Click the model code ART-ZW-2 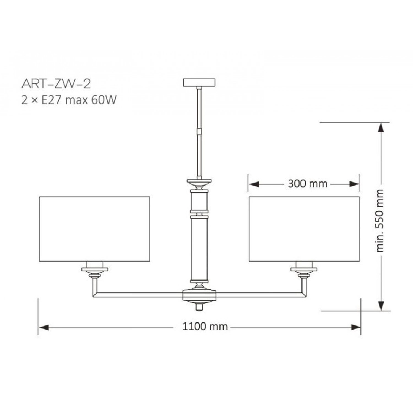click(56, 84)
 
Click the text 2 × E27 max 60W click(69, 100)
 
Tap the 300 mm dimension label click(308, 184)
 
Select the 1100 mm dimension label click(205, 327)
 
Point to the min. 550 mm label click(380, 221)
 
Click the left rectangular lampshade click(95, 229)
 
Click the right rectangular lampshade click(304, 229)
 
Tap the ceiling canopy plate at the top click(199, 83)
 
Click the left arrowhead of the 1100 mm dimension click(44, 327)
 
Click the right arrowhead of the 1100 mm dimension click(355, 327)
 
